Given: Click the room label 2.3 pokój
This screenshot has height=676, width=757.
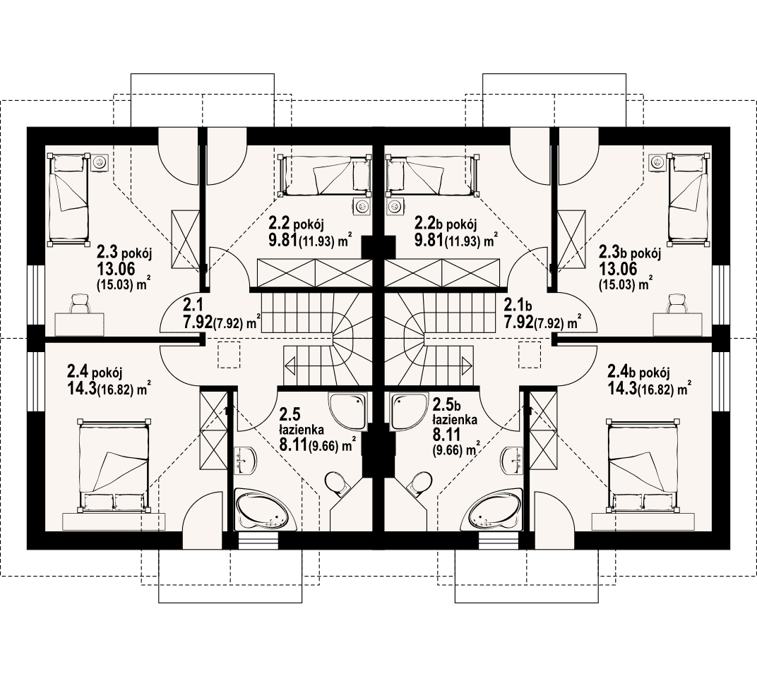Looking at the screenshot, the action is coord(124,252).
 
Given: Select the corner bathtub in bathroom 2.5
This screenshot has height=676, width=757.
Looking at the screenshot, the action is coord(262,510).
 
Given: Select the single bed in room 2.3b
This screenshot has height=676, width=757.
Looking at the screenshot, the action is coord(689,198).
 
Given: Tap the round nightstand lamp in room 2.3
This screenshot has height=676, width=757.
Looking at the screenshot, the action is coord(100,162).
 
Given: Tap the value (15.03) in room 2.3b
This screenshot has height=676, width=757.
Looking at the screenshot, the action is coord(615,284).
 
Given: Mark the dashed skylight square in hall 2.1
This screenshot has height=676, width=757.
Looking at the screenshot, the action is coord(229,355).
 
